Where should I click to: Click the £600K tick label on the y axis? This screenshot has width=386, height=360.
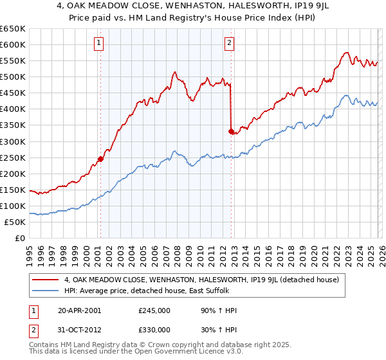click(x=13, y=44)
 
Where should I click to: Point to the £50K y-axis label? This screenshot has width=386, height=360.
click(x=15, y=222)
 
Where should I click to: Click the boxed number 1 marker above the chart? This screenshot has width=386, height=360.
click(x=100, y=44)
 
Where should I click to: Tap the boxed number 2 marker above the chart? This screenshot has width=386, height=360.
click(x=230, y=44)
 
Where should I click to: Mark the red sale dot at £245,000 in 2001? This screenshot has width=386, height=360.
click(x=100, y=159)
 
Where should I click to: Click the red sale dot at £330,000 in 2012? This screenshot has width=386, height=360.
click(x=230, y=131)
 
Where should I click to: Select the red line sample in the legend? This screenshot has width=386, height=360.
click(x=45, y=280)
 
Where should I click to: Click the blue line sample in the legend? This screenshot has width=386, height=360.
click(x=45, y=291)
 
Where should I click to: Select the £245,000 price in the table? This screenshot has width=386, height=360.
click(x=154, y=310)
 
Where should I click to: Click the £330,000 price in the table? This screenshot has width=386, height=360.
click(x=154, y=329)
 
